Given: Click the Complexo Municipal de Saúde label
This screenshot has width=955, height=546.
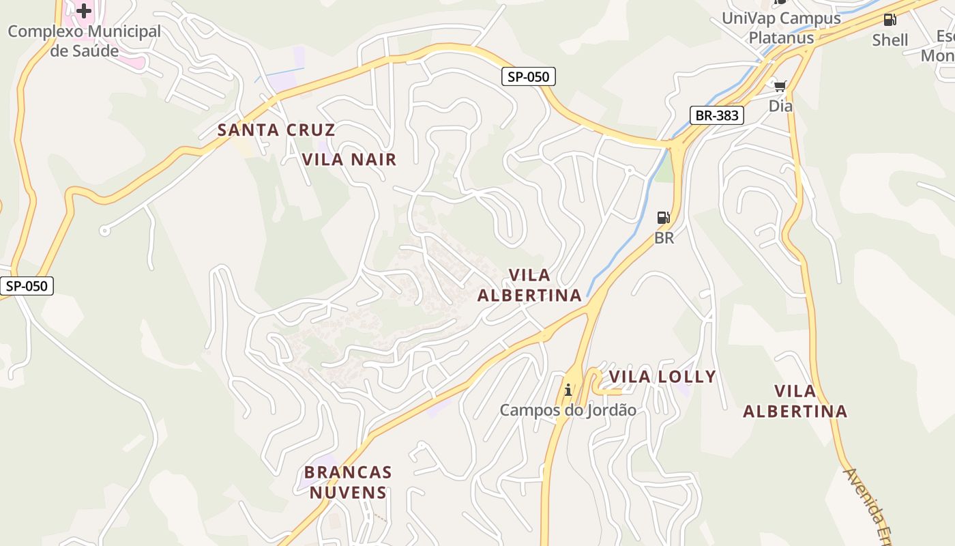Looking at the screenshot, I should click(85, 41).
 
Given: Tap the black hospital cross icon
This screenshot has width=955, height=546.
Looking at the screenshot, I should click(84, 11).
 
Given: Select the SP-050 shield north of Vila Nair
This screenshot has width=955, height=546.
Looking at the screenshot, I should click(529, 77).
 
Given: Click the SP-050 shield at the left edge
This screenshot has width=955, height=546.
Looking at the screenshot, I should click(27, 286).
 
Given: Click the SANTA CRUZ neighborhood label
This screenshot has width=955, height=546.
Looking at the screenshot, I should click(276, 130).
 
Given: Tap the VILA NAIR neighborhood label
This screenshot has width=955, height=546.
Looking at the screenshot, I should click(349, 160).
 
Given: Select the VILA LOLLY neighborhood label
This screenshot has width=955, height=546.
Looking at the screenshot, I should click(662, 377).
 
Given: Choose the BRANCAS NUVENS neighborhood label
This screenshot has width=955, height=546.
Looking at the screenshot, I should click(348, 482).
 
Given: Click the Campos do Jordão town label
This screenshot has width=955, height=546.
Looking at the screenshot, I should click(568, 410).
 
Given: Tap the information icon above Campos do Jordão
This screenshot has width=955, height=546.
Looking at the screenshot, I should click(568, 390).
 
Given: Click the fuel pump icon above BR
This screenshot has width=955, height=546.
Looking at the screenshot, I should click(663, 218).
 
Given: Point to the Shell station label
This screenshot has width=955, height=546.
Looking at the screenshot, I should click(890, 40).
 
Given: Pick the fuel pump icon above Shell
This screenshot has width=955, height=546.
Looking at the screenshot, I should click(890, 20).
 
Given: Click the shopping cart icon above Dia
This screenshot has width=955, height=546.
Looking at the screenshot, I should click(780, 85).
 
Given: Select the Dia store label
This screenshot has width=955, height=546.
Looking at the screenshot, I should click(780, 106).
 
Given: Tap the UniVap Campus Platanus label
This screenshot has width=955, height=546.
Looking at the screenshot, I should click(781, 27).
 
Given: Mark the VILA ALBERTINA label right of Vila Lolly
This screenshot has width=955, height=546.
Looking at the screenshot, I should click(795, 401).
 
